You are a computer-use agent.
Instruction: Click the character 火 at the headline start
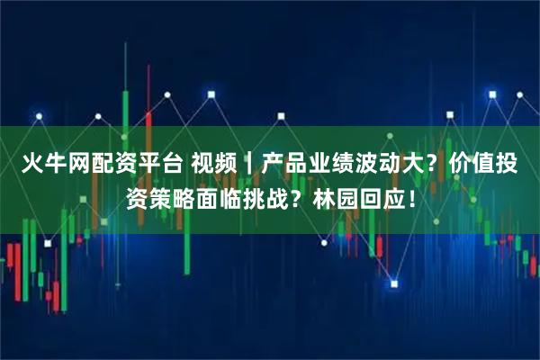(x=34, y=165)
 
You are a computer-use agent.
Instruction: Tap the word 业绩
(x=348, y=165)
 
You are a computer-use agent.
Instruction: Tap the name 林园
(x=353, y=199)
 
